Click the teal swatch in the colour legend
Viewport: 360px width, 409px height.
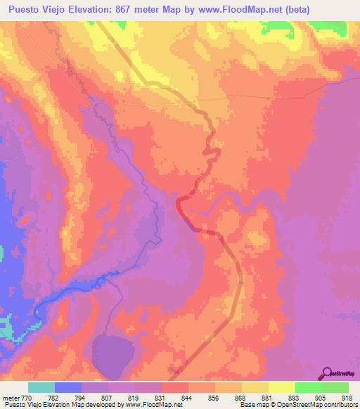[x=41, y=387]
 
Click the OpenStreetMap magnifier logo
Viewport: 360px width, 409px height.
[x=327, y=373]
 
